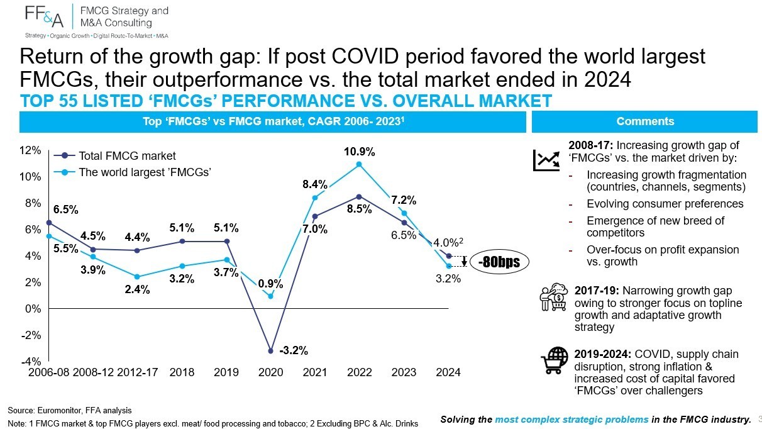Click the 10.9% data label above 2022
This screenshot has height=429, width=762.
pyautogui.click(x=359, y=152)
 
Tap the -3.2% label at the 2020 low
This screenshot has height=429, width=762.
pyautogui.click(x=294, y=350)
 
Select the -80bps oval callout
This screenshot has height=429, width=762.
pyautogui.click(x=499, y=262)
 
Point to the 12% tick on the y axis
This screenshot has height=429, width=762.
pyautogui.click(x=30, y=150)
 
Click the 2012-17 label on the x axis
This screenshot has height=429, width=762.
pyautogui.click(x=138, y=372)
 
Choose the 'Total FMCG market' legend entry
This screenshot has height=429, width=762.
pyautogui.click(x=114, y=156)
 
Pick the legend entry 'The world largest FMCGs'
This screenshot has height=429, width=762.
pyautogui.click(x=132, y=172)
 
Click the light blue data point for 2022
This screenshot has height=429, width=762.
pyautogui.click(x=359, y=164)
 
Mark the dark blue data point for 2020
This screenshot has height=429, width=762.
pyautogui.click(x=271, y=351)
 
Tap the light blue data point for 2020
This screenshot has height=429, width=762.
pyautogui.click(x=271, y=296)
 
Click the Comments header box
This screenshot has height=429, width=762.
pyautogui.click(x=644, y=121)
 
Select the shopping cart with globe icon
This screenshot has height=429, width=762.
pyautogui.click(x=555, y=360)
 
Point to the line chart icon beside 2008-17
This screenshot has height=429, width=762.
pyautogui.click(x=546, y=160)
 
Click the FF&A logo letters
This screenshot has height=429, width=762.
pyautogui.click(x=44, y=16)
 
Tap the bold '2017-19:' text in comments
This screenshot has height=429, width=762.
pyautogui.click(x=597, y=291)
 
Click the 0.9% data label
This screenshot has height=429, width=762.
pyautogui.click(x=270, y=284)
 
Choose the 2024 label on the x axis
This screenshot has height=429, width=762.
pyautogui.click(x=448, y=372)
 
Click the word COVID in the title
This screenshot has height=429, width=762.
pyautogui.click(x=365, y=56)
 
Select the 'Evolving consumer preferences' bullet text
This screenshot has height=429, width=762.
pyautogui.click(x=665, y=204)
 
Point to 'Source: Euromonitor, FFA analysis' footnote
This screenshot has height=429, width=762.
pyautogui.click(x=69, y=410)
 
